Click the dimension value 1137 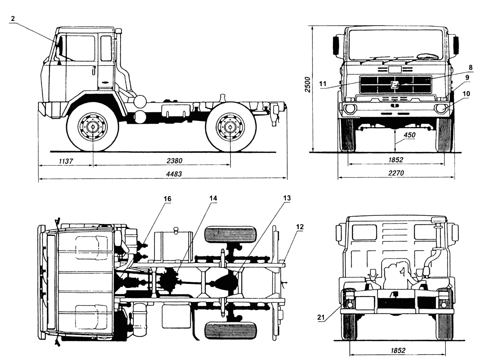coord(66,162)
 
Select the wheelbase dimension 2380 coord(174,161)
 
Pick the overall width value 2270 coord(396,173)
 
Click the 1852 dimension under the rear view coord(398,350)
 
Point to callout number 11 coord(323,84)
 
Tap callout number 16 coord(168,199)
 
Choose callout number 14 coord(213,198)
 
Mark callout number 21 coord(321,317)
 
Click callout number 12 coord(300,227)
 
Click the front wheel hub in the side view coord(93,127)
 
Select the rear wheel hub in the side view coord(230,127)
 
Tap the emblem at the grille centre coord(395,85)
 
